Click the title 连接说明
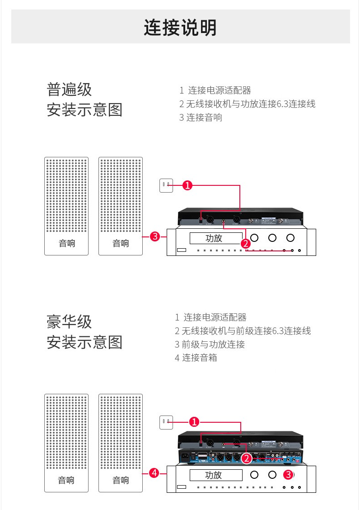click(180, 28)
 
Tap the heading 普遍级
click(69, 89)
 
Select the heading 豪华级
click(69, 322)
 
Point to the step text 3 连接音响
click(201, 118)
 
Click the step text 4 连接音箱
click(196, 358)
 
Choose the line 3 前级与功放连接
click(210, 344)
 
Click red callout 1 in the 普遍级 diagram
click(187, 185)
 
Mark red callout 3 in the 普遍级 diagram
click(154, 236)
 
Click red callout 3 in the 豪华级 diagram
click(288, 475)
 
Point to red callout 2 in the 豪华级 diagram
click(247, 458)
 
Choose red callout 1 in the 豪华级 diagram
click(194, 422)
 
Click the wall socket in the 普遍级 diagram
click(166, 185)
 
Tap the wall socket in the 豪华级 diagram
click(166, 422)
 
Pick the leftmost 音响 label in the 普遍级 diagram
click(67, 243)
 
